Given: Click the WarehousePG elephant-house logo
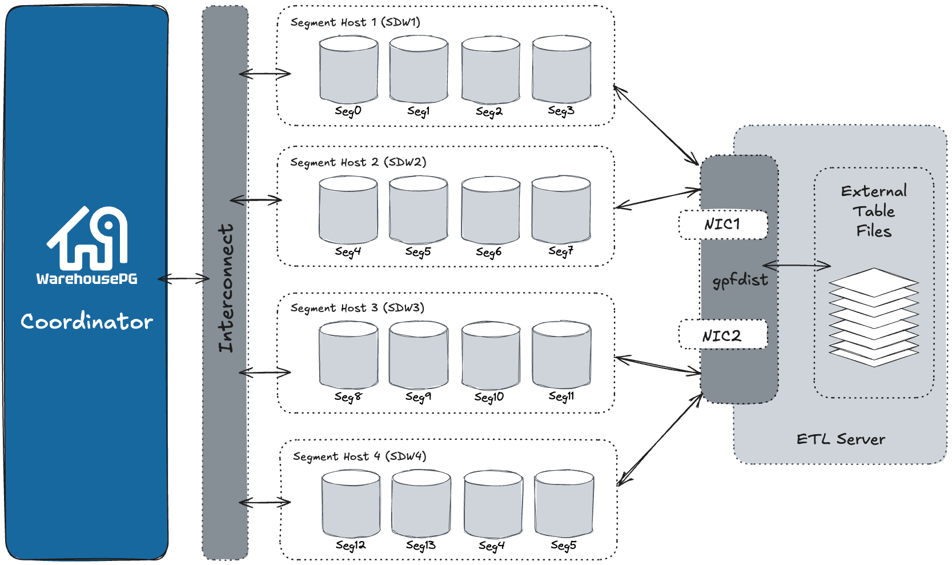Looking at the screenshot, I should pos(87,239).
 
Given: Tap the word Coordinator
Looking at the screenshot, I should pos(87,322).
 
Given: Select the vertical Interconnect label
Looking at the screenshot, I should pos(226,287).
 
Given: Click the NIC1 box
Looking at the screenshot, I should pos(722,225).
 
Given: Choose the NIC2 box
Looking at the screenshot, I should pos(722,335).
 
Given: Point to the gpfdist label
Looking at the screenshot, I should pos(740,280).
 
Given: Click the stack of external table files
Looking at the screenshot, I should pos(873,317).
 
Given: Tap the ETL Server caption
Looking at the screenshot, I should pos(840,439).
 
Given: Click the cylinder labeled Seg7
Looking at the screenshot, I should pos(561,210).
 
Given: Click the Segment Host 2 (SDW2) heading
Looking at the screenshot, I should pos(358,162).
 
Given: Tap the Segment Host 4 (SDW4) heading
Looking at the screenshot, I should pos(359,456).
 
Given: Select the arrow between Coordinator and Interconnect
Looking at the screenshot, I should pos(184,279).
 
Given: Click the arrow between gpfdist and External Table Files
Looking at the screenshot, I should pos(796,265).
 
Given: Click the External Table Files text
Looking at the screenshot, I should pos(873,211).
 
